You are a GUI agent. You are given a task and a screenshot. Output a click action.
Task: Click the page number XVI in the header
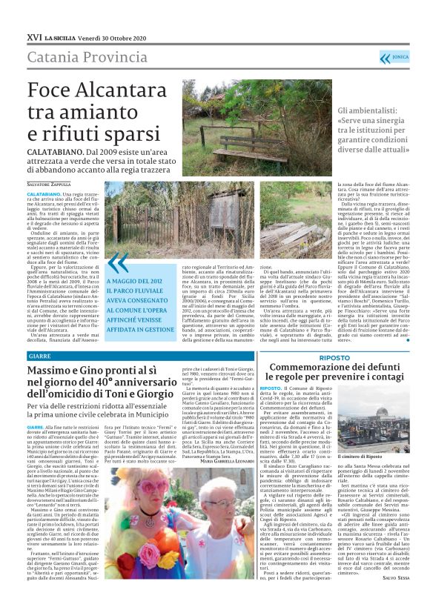point(33,36)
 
